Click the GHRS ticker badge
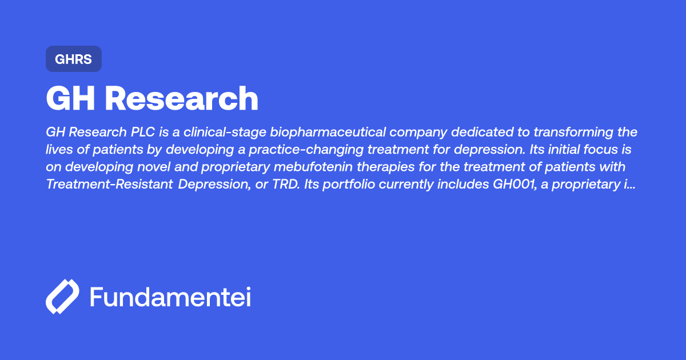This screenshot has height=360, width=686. [73, 59]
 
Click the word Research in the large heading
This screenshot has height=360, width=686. [182, 99]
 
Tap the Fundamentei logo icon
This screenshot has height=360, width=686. [62, 297]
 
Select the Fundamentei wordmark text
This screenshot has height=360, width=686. [170, 297]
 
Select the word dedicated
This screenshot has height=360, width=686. [478, 133]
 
